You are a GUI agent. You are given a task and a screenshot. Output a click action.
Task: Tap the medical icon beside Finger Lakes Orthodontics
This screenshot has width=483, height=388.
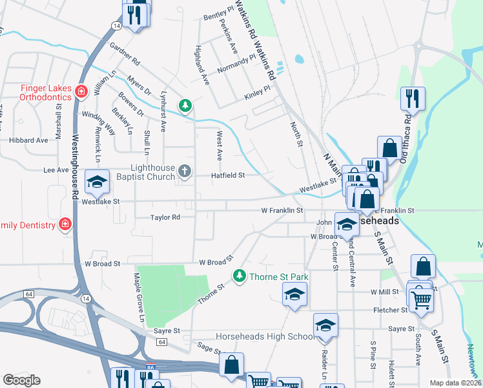[81, 91]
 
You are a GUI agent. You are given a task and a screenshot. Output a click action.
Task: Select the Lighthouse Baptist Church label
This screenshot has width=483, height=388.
[143, 172]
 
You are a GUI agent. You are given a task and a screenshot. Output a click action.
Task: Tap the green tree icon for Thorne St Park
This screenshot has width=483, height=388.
[240, 277]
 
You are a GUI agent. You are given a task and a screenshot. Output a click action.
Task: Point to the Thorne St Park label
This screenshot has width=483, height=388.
[278, 277]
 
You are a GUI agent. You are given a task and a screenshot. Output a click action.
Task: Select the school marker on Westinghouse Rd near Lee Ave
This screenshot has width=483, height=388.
[97, 182]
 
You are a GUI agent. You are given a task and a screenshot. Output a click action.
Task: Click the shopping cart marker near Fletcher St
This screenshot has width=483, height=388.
[421, 299]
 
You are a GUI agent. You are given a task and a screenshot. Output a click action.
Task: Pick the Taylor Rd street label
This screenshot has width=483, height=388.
[165, 218]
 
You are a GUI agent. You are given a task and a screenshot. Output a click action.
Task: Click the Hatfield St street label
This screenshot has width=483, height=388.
[229, 175]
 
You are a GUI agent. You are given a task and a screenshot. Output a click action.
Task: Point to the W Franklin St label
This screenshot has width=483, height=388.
[282, 210]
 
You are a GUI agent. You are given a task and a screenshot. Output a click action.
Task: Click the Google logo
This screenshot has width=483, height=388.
[21, 380]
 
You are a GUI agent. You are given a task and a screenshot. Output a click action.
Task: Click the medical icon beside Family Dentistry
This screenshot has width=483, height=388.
[65, 224]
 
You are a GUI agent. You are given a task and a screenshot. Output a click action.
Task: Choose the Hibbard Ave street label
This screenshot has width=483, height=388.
[28, 140]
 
